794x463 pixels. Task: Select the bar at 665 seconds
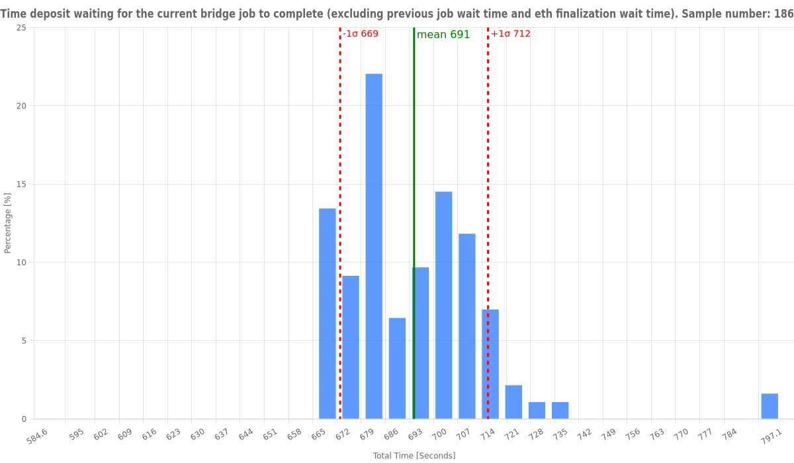coord(328,314)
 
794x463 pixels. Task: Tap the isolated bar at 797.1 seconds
coord(770,406)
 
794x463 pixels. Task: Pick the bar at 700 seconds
coord(444,305)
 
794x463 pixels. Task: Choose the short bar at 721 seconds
coord(513,402)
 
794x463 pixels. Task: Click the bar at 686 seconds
coord(397,368)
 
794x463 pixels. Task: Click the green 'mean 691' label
coord(443,35)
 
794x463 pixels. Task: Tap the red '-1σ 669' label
coord(361,34)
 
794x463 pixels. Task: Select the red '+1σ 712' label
coord(511,34)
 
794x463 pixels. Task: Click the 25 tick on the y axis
coord(21,28)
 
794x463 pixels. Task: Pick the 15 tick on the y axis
coord(21,184)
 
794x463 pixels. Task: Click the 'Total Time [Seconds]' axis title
coord(414,456)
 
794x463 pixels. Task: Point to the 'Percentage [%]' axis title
coord(8,223)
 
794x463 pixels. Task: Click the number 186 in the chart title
coord(783,14)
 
